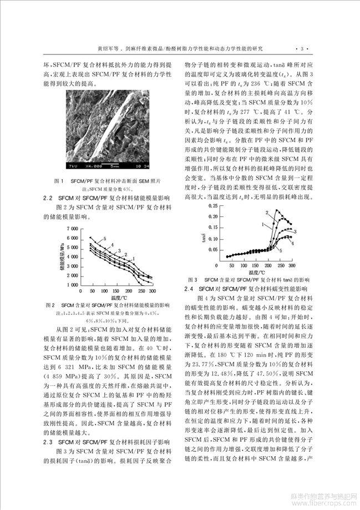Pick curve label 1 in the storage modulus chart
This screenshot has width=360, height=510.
pyautogui.click(x=133, y=258)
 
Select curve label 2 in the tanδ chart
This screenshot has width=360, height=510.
pyautogui.click(x=267, y=213)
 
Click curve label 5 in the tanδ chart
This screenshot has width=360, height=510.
pyautogui.click(x=280, y=251)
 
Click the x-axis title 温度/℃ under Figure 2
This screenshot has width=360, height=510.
pyautogui.click(x=118, y=298)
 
